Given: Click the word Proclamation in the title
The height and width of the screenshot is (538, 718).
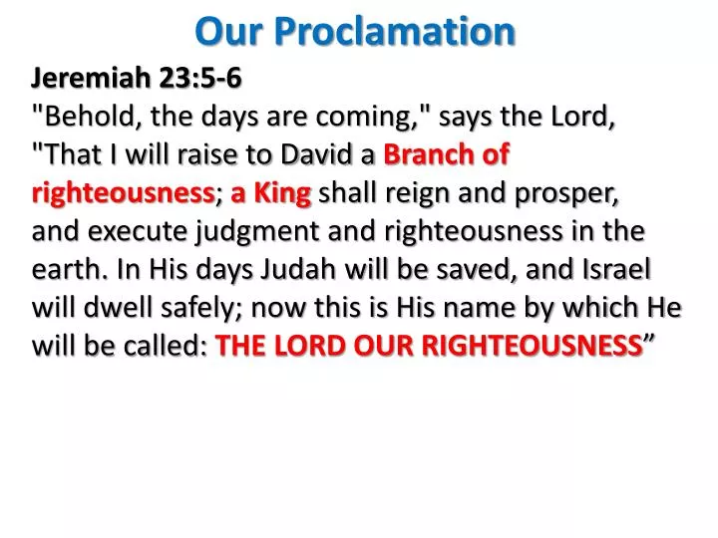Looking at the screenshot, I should click(x=397, y=32).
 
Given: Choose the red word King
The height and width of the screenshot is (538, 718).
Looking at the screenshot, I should click(x=282, y=193).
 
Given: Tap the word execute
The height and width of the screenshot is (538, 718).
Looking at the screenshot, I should click(x=132, y=231).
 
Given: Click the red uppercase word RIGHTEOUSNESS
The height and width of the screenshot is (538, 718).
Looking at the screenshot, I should click(x=538, y=346).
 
